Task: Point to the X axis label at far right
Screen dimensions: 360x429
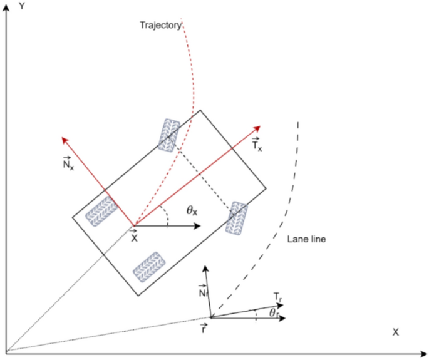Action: click(395, 332)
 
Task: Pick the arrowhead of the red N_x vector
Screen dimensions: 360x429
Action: click(63, 137)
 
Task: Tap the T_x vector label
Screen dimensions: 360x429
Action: click(257, 145)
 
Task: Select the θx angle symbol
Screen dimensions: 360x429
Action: click(192, 211)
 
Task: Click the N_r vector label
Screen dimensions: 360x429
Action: click(202, 292)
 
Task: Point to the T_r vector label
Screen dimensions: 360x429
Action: click(277, 295)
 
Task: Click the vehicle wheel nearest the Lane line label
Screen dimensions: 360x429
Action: click(237, 217)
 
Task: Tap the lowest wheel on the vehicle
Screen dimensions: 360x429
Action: click(148, 265)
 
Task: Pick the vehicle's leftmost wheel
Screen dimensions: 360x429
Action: click(101, 210)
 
